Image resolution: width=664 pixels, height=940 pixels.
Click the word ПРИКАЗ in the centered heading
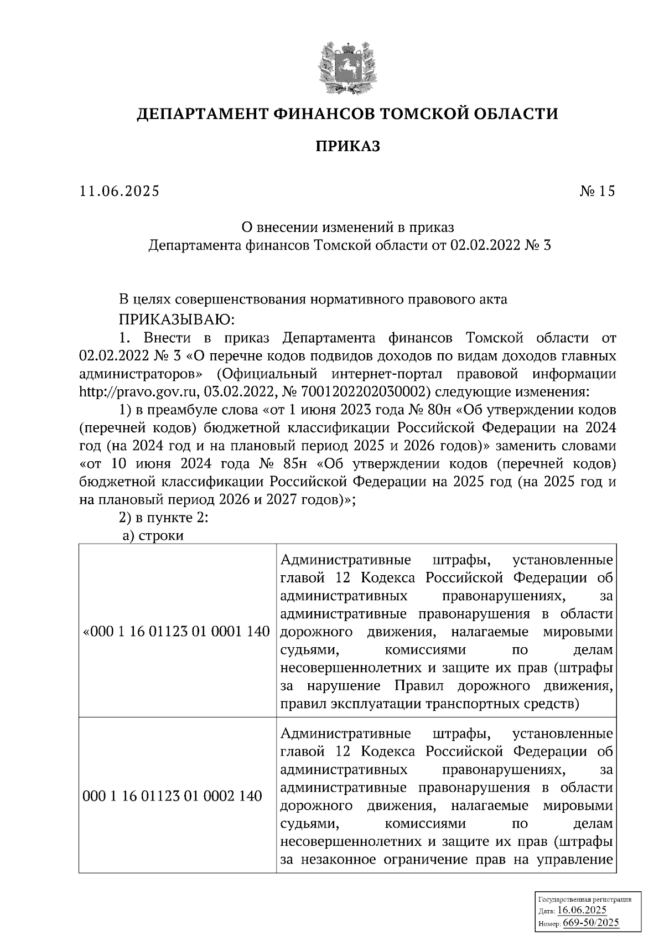point(347,147)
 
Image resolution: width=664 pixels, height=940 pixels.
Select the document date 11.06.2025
point(119,192)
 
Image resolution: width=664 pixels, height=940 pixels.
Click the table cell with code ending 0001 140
point(177,632)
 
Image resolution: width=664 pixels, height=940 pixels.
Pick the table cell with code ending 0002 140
point(172,796)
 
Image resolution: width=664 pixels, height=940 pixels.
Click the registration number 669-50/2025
point(591,923)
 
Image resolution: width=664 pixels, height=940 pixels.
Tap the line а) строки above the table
point(153,536)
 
